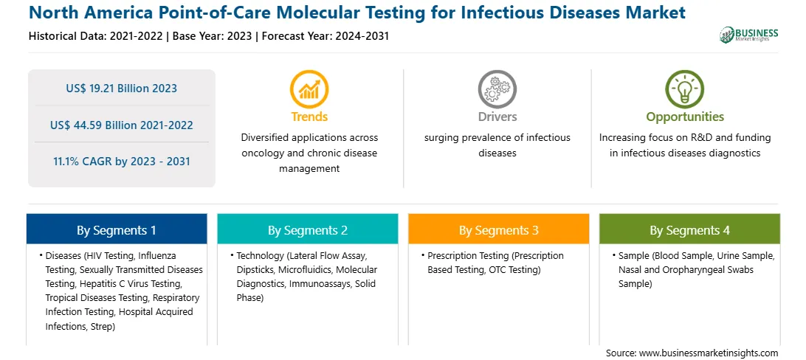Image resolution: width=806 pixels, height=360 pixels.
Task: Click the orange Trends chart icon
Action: (x=309, y=89)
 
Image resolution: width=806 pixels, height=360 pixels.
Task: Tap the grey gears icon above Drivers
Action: (x=497, y=89)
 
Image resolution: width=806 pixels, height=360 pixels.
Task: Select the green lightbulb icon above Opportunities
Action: (x=685, y=89)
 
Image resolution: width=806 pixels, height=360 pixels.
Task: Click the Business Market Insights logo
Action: (x=749, y=35)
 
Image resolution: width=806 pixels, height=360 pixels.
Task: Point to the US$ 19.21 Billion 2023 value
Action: (x=121, y=89)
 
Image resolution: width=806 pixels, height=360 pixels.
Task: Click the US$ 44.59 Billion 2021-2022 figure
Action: (x=121, y=125)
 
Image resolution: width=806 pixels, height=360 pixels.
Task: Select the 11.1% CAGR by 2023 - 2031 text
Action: (x=121, y=162)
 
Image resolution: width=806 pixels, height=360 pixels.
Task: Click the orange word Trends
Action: (x=309, y=117)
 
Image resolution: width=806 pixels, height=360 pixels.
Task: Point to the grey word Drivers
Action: (x=497, y=117)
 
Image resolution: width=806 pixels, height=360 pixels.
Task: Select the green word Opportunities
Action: (x=685, y=117)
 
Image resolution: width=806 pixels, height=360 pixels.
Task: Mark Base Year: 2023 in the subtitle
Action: (x=213, y=36)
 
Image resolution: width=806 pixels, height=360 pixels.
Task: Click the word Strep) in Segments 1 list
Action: (x=102, y=326)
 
